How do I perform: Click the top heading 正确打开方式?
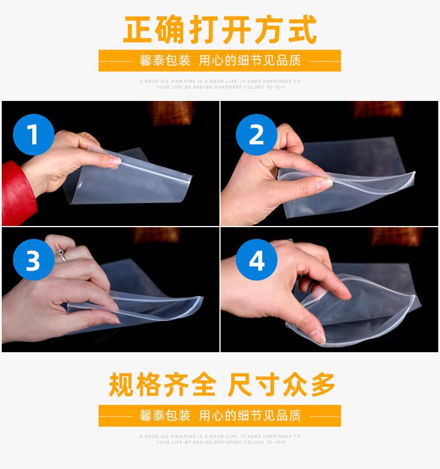click(x=219, y=30)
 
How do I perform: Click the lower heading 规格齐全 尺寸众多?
click(x=221, y=385)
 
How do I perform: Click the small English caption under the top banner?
click(x=220, y=84)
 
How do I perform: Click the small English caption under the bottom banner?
click(x=220, y=439)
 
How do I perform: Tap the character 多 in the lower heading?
click(x=319, y=385)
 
